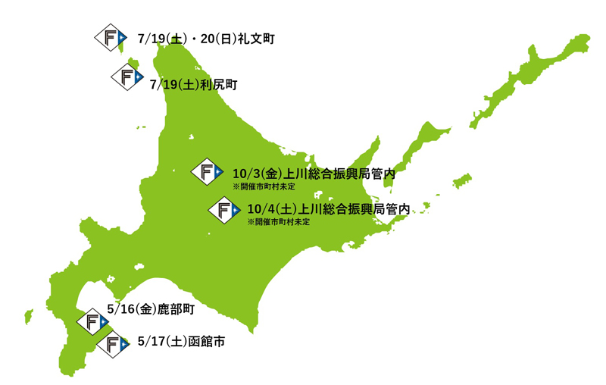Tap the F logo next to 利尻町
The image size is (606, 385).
(x=127, y=78)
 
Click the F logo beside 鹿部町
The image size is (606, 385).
(x=92, y=321)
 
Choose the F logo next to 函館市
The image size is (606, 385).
(x=113, y=345)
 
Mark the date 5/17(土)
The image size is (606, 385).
(x=162, y=343)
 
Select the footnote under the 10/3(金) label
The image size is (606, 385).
(x=264, y=186)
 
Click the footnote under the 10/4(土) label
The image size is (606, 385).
(x=279, y=222)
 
